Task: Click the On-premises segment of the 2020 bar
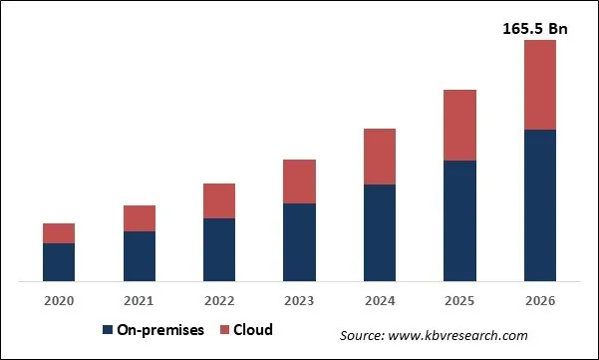point(59,261)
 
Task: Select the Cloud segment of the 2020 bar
point(59,233)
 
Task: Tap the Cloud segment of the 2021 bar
point(140,218)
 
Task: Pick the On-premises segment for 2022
point(219,249)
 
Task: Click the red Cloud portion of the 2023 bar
point(299,181)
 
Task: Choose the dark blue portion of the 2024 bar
point(380,232)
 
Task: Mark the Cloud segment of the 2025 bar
point(459,126)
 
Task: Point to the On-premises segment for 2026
point(540,204)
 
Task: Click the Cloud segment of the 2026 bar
point(540,85)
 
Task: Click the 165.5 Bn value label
point(534,29)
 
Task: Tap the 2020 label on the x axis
point(59,300)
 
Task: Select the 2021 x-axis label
point(140,300)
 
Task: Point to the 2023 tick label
point(299,300)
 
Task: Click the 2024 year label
point(380,300)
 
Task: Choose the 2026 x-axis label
point(540,300)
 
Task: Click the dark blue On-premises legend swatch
point(107,330)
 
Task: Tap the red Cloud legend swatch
point(224,330)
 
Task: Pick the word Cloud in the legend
point(254,330)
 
